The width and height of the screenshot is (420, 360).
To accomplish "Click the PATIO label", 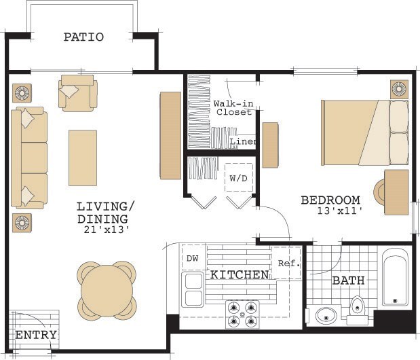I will pos(83,37).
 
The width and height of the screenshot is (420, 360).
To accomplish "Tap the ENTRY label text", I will pos(36,336).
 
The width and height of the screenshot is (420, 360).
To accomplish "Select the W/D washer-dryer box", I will pos(238,179).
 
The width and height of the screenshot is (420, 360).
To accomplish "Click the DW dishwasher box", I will pos(192,257).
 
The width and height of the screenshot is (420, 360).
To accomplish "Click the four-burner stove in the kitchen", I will pos(243,314).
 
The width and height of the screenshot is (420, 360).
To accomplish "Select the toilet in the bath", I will pos(358,312).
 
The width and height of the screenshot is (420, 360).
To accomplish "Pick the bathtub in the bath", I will pos(394,278).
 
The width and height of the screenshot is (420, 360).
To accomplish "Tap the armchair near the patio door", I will pos(77,92).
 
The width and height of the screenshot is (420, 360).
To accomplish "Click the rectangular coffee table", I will pos(82,158).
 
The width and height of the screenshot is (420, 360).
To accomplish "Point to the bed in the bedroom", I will pos(364,132).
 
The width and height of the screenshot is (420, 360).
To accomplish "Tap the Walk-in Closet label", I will pos(233,107).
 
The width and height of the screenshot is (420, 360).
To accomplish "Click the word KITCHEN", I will pos(238,275).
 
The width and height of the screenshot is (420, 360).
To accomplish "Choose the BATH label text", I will pos(349,280).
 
